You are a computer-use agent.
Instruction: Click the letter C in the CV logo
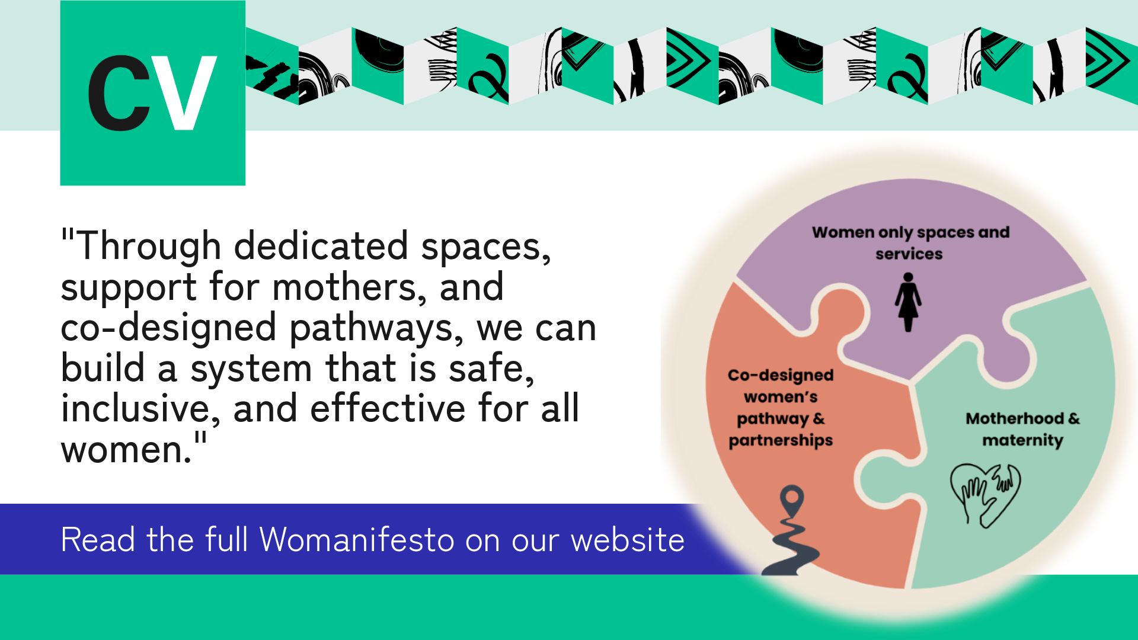coord(119,93)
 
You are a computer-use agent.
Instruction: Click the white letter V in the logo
coord(184,93)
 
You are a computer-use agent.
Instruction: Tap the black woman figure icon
coord(908,302)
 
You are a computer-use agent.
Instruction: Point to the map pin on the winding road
coord(792,501)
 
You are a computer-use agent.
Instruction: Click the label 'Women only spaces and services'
coord(910,243)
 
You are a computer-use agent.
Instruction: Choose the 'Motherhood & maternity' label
coord(1022,429)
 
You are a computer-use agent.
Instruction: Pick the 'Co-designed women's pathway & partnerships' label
coord(781,408)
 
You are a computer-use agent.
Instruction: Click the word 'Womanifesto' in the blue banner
coord(356,540)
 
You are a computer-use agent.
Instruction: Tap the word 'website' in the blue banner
coord(628,540)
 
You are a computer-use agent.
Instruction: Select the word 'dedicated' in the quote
coord(321,246)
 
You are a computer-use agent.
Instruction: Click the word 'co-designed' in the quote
coord(169,328)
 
